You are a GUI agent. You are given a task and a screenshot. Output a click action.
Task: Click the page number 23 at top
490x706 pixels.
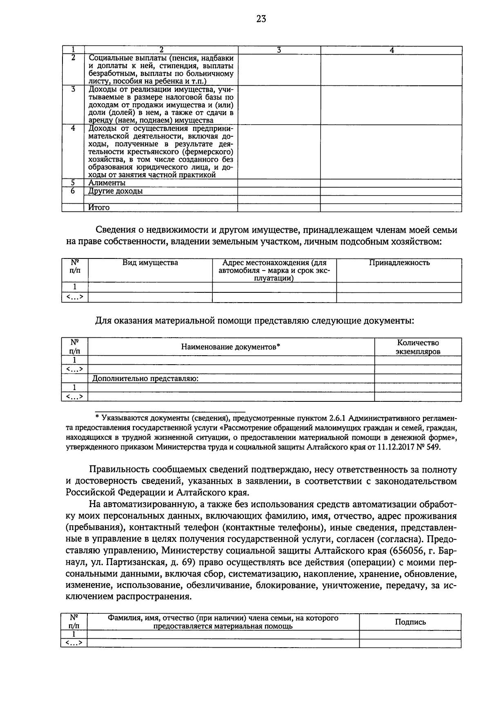[261, 19]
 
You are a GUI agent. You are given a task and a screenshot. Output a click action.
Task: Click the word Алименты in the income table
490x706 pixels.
[107, 183]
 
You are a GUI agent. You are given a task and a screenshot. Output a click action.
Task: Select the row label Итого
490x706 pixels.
[99, 208]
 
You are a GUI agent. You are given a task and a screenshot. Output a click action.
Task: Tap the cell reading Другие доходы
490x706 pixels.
[116, 191]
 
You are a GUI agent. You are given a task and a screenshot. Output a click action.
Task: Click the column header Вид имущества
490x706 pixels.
[150, 263]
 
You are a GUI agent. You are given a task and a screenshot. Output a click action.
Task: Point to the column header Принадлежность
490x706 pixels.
[399, 263]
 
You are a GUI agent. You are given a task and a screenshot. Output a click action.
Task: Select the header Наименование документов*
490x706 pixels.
[231, 347]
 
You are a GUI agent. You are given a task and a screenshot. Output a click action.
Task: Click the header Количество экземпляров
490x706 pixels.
[418, 347]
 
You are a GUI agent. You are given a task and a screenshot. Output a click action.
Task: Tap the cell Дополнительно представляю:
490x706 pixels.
[145, 379]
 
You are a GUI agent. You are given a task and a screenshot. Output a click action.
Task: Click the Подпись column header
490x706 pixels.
[410, 622]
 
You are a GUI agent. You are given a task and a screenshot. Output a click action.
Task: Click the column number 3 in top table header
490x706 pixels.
[278, 50]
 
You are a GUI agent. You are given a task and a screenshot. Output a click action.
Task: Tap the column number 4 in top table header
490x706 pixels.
[391, 50]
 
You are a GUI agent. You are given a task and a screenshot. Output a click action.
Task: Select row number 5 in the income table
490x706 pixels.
[73, 183]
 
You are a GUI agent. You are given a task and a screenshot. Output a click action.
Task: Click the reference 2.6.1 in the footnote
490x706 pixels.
[337, 419]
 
